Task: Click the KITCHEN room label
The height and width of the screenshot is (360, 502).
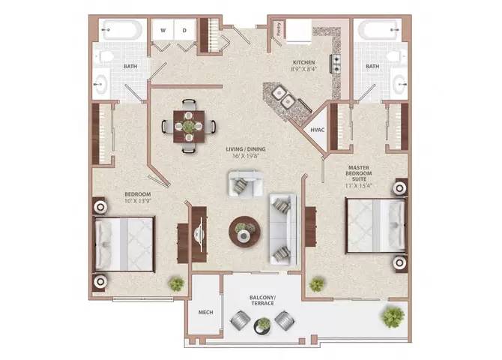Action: pos(303,62)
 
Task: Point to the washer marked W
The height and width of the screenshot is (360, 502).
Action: pos(162,31)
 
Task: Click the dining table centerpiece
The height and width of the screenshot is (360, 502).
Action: pos(188,126)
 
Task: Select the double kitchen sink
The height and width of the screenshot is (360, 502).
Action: pos(282,95)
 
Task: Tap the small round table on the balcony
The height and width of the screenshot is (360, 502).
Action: pos(262,325)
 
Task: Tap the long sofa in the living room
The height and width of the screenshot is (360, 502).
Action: pos(284,228)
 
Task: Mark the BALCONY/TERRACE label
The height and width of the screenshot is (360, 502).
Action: pos(262,301)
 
